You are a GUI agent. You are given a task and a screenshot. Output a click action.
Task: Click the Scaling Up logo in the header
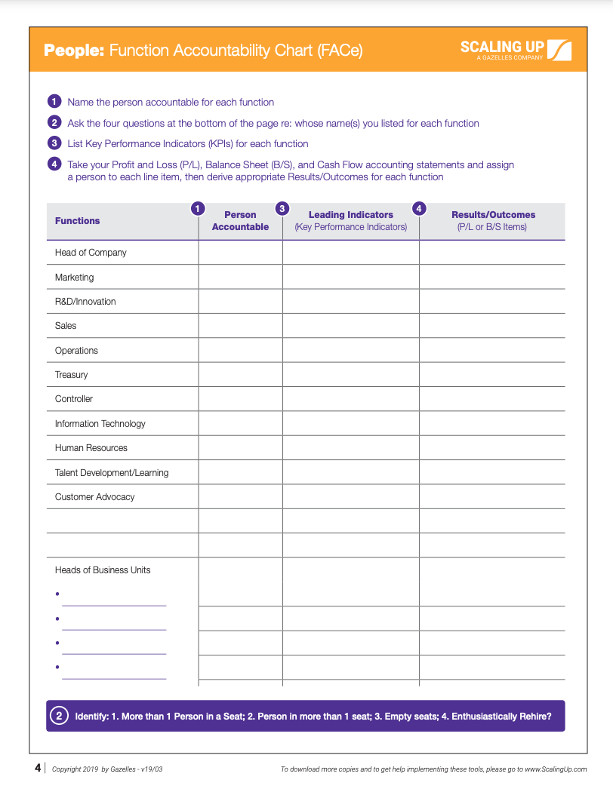pyautogui.click(x=516, y=50)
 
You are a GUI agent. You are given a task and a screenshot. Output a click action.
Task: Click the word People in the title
pyautogui.click(x=74, y=51)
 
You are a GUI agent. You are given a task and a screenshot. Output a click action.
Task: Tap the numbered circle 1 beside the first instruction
pyautogui.click(x=54, y=102)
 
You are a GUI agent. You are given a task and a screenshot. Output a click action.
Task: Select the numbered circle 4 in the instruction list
pyautogui.click(x=54, y=164)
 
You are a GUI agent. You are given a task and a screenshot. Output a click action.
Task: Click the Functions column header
pyautogui.click(x=77, y=221)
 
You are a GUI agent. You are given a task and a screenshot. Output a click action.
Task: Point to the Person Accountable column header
pyautogui.click(x=240, y=221)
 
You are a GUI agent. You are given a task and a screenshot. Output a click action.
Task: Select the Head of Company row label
pyautogui.click(x=91, y=253)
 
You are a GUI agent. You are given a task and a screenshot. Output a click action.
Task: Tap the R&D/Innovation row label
pyautogui.click(x=85, y=302)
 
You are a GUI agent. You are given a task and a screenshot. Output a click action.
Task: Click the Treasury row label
pyautogui.click(x=71, y=375)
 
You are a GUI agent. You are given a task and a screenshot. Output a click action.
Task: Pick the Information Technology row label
pyautogui.click(x=100, y=424)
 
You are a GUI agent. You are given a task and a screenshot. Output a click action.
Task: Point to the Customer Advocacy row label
pyautogui.click(x=94, y=497)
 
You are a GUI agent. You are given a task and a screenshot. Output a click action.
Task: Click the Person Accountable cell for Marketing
pyautogui.click(x=240, y=277)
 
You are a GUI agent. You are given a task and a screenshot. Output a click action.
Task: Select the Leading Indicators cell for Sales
pyautogui.click(x=350, y=326)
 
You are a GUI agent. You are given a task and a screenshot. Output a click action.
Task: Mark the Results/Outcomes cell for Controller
pyautogui.click(x=492, y=399)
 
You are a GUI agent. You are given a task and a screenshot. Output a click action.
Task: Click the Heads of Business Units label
pyautogui.click(x=103, y=570)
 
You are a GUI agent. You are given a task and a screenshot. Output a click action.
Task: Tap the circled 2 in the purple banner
pyautogui.click(x=59, y=716)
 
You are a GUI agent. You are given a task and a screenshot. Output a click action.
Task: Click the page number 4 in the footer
pyautogui.click(x=38, y=769)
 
